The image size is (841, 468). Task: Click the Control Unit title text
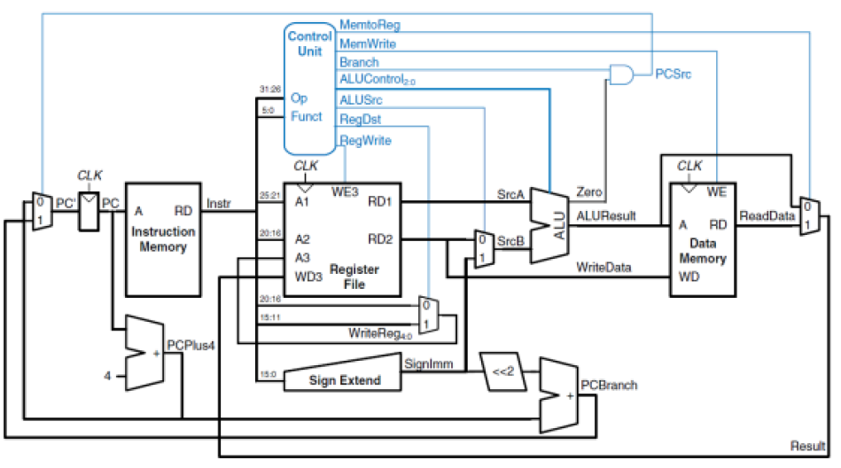click(310, 45)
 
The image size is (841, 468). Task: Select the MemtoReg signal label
click(369, 25)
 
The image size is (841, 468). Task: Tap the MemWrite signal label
click(368, 43)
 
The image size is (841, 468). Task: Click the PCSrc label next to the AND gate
click(673, 74)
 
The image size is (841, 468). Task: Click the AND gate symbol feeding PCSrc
click(622, 75)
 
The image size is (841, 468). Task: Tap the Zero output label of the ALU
click(589, 191)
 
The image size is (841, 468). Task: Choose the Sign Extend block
click(343, 380)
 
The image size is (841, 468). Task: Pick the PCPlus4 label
click(191, 346)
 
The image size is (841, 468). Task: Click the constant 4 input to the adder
click(107, 376)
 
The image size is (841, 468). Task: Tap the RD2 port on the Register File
click(380, 239)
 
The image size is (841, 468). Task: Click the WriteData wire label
click(604, 267)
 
